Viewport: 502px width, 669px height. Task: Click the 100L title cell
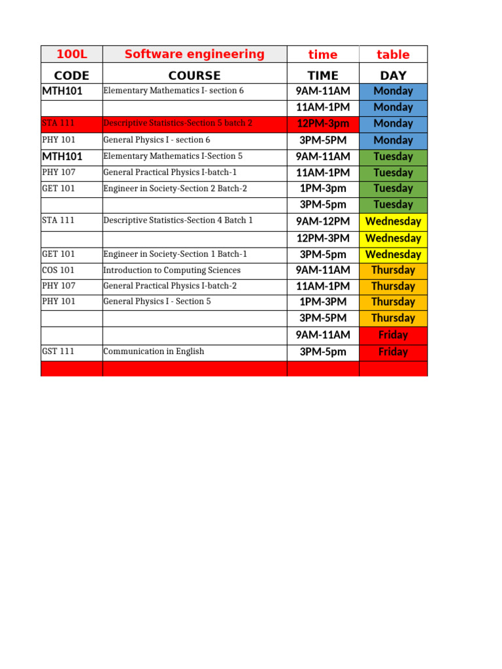click(x=71, y=54)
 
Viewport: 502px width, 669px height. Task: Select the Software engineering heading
click(x=194, y=54)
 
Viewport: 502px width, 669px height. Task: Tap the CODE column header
click(x=71, y=75)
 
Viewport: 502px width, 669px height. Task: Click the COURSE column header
click(x=194, y=75)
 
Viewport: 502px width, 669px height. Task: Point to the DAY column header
click(x=393, y=75)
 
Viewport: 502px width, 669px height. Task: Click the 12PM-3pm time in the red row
click(x=323, y=123)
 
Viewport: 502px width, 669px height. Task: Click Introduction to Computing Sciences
click(x=172, y=270)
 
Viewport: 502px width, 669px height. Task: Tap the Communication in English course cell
click(x=154, y=351)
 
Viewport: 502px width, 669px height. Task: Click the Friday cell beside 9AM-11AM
click(x=393, y=335)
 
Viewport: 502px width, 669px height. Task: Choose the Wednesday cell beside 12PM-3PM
click(x=393, y=238)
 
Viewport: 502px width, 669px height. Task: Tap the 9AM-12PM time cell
click(x=323, y=221)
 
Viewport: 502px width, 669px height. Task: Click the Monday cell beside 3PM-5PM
click(x=393, y=140)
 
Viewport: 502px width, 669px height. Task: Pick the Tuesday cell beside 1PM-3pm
click(x=393, y=188)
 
